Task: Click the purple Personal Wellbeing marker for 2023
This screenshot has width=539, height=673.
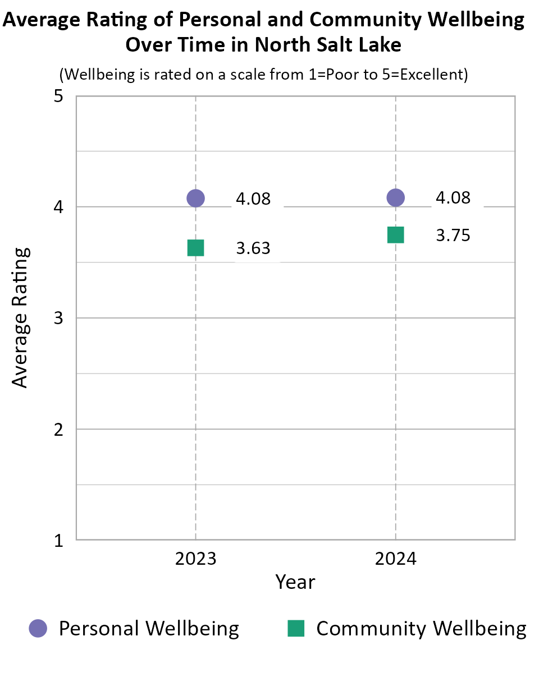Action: pos(195,198)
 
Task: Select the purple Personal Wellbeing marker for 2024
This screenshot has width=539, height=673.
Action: pos(396,197)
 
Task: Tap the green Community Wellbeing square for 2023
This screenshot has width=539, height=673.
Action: pos(195,247)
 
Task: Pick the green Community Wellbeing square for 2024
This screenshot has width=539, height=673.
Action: pos(396,235)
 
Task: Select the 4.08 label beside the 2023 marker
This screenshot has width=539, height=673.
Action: pos(253,199)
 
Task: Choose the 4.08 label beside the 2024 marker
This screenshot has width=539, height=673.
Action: pos(453,198)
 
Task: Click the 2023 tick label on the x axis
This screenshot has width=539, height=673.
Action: pos(195,559)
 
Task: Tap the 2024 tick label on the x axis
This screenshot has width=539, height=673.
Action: pos(396,559)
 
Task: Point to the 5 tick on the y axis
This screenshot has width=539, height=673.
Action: pos(58,96)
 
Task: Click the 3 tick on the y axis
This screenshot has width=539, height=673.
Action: pos(58,319)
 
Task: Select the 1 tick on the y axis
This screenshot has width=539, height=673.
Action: pos(58,541)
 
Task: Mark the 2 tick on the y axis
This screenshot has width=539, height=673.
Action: pos(58,430)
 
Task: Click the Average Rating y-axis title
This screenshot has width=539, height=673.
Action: pos(20,317)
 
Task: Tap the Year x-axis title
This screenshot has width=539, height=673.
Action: pos(295,582)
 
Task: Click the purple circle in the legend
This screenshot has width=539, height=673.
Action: pos(38,629)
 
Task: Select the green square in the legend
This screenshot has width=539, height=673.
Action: pos(296,629)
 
